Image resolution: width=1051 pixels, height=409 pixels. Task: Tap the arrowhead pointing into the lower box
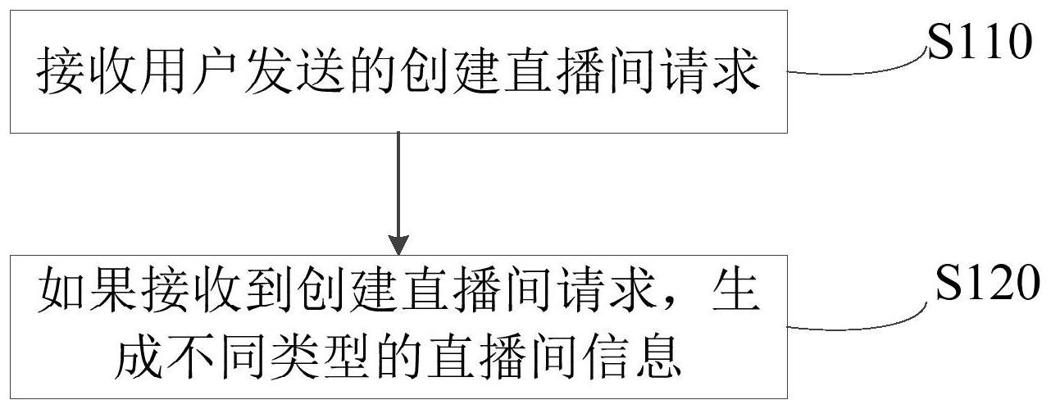click(x=398, y=244)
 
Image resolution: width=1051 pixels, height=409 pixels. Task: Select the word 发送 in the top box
click(x=308, y=73)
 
